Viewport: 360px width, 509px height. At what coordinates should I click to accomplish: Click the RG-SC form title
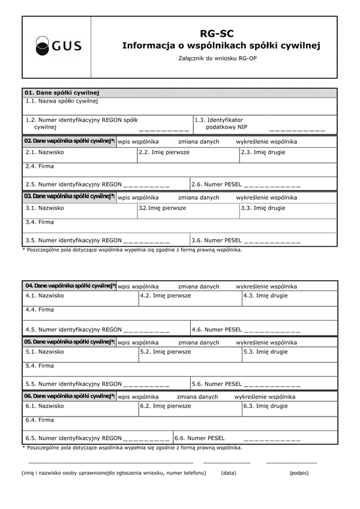pos(217,35)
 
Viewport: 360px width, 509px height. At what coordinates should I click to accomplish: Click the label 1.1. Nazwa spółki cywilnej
pos(62,101)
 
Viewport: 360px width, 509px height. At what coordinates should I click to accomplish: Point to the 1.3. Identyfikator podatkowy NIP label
pos(218,124)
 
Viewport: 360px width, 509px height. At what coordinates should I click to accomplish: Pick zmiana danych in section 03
pos(199,197)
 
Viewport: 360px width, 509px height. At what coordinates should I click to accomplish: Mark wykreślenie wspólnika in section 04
pos(266,286)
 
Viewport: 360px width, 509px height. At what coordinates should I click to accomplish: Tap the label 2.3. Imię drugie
pos(263,152)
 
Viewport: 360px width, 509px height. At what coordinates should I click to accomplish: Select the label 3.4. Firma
pos(40,222)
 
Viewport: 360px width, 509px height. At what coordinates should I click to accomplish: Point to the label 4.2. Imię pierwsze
pos(165,295)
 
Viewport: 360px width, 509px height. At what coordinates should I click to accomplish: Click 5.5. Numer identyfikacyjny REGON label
pos(73,384)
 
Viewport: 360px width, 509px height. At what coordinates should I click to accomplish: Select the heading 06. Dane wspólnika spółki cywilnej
pos(70,396)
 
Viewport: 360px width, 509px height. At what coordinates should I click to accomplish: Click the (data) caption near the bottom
pos(228,473)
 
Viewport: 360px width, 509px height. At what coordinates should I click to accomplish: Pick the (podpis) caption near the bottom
pos(298,473)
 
